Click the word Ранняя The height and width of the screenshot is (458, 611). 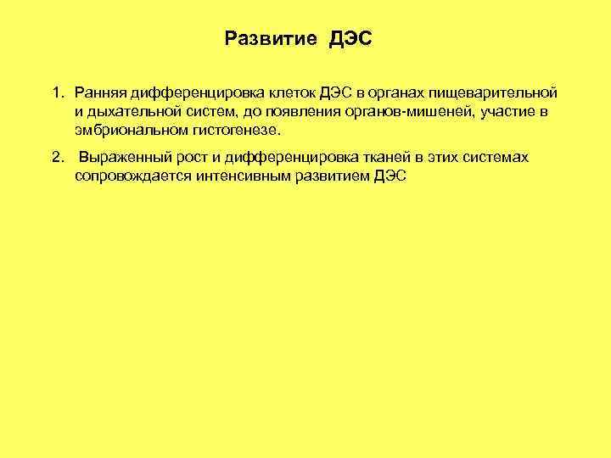(x=98, y=91)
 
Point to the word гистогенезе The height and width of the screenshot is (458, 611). (x=227, y=131)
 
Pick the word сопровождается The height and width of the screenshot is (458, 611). (x=128, y=178)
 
